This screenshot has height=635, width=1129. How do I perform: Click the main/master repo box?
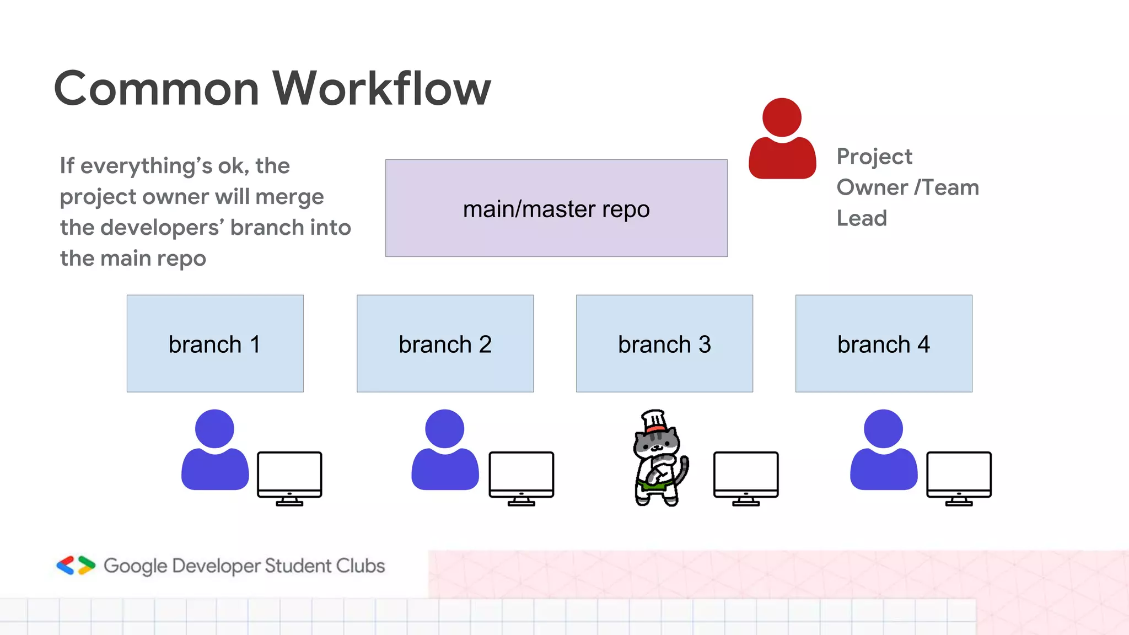tap(556, 208)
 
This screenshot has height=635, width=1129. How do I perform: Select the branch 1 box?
tap(215, 343)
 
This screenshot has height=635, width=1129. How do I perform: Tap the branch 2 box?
tap(445, 343)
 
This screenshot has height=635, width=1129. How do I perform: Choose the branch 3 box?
tap(664, 343)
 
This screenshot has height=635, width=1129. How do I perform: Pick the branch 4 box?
tap(884, 343)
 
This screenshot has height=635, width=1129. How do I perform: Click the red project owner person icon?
tap(782, 141)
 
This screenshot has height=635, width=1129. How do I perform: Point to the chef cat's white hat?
tap(654, 420)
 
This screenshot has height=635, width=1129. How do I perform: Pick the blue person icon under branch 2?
tap(445, 452)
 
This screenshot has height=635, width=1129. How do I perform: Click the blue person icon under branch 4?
tap(884, 452)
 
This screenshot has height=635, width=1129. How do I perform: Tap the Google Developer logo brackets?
tap(76, 566)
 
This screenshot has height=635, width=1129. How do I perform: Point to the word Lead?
tap(862, 218)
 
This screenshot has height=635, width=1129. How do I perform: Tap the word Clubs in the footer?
tap(361, 566)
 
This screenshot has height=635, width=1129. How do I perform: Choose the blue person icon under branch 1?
tap(215, 452)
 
